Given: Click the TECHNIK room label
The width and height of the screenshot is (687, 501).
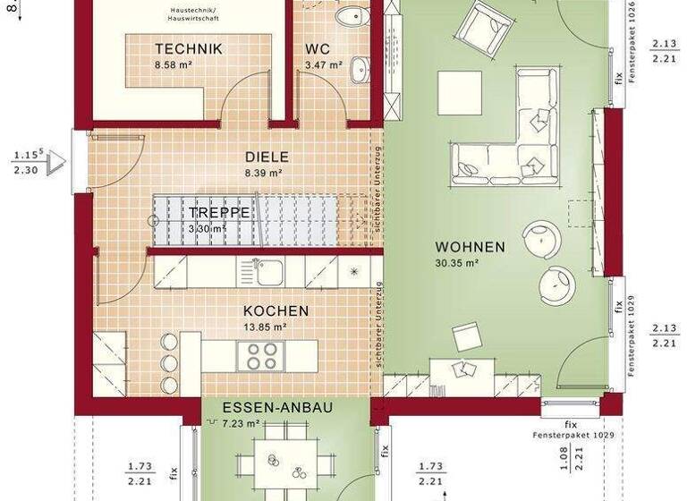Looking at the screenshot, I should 188,49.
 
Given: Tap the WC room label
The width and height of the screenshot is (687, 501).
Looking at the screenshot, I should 318,49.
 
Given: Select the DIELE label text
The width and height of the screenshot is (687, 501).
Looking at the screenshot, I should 267,156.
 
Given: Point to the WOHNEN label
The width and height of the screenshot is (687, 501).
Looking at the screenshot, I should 470,247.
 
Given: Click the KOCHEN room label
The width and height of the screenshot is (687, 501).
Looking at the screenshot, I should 276,311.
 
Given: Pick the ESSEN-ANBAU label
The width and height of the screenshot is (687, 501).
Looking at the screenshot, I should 278,407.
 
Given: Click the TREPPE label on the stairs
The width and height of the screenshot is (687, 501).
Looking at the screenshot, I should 219,213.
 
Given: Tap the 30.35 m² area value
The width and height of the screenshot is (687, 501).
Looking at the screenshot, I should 458,263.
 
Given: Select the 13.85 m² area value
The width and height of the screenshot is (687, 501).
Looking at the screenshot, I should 266,327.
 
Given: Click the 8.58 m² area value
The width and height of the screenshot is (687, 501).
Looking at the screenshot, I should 174,65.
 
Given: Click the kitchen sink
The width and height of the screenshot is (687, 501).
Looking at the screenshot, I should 267,271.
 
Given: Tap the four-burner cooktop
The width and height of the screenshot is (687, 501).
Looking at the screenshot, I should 259,356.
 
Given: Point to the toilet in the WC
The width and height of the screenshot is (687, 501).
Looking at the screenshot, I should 351,17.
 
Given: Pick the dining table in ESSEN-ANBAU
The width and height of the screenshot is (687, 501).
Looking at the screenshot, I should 284,463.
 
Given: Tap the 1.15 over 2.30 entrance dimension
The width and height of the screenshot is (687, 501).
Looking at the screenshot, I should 28,162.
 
